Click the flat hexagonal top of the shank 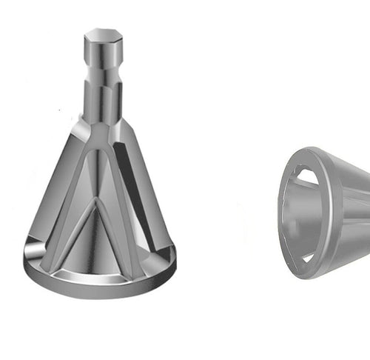click(102, 35)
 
